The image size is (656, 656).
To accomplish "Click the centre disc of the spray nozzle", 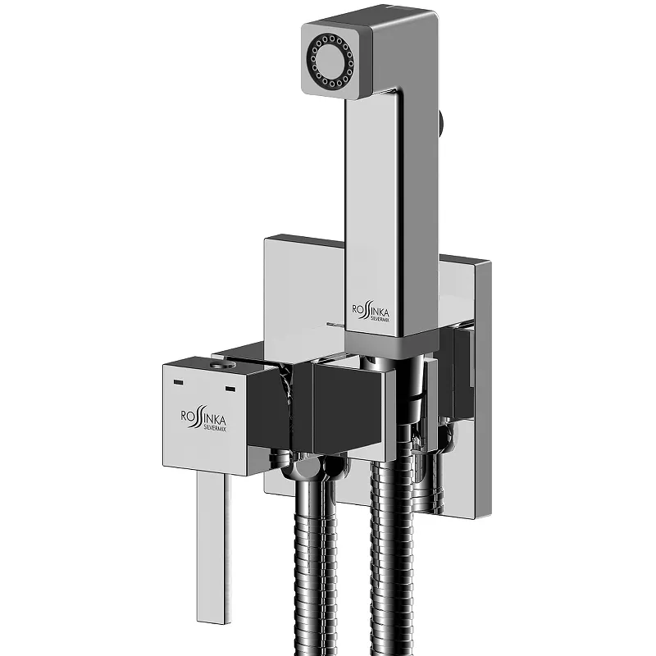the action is (330, 61).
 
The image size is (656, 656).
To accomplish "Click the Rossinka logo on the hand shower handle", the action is (370, 312).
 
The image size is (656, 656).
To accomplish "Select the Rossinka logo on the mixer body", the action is (203, 420).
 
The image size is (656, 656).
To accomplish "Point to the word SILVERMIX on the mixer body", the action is (215, 428).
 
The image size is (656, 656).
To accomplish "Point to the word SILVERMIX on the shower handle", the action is (380, 319).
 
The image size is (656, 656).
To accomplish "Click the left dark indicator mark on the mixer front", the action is (178, 382).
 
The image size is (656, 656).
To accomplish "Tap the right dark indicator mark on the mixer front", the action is (230, 389).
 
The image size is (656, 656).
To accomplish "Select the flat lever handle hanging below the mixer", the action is (213, 548).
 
